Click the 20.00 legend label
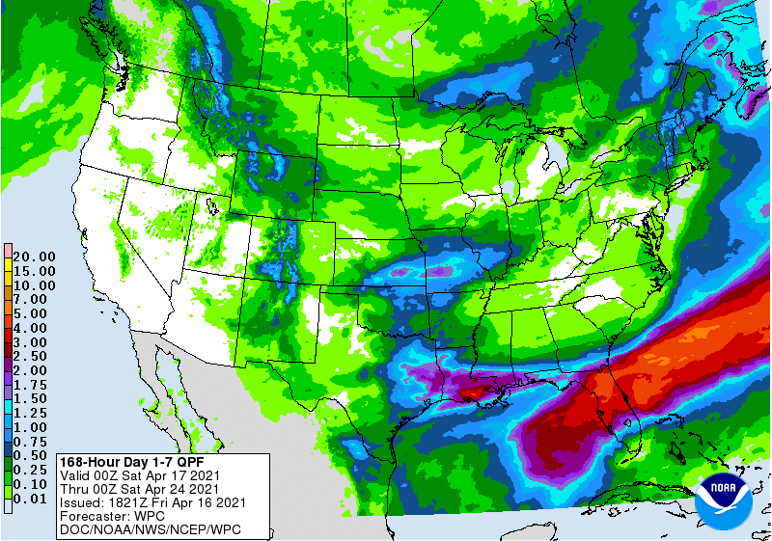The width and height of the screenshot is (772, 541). (x=34, y=257)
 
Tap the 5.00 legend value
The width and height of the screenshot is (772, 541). (x=34, y=314)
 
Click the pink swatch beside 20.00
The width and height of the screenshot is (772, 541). (x=7, y=252)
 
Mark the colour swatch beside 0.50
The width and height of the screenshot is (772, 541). (x=7, y=454)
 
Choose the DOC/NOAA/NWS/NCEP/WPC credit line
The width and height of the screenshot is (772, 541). (x=150, y=530)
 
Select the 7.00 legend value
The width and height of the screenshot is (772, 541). (x=34, y=300)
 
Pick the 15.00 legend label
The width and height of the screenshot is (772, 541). (x=34, y=271)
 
